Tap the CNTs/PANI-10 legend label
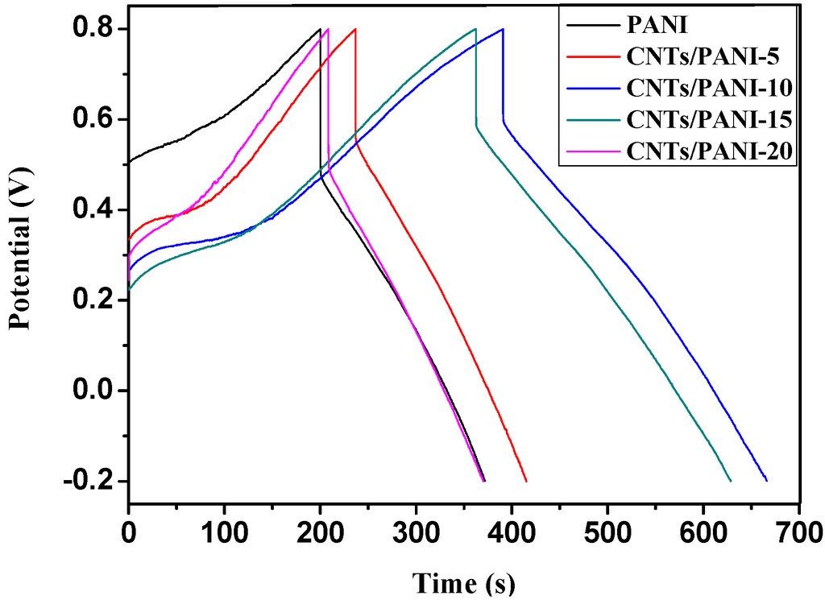(709, 87)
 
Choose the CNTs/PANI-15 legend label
(709, 118)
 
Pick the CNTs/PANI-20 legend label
(709, 150)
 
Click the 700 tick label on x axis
(798, 532)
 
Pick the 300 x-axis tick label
(416, 532)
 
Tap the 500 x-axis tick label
(607, 532)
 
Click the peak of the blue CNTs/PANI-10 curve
(503, 29)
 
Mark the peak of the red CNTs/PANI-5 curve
(355, 29)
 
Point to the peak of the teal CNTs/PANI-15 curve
(475, 29)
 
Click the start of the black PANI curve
(129, 162)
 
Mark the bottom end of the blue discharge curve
(766, 481)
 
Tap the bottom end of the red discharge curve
(526, 481)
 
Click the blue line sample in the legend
(590, 87)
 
